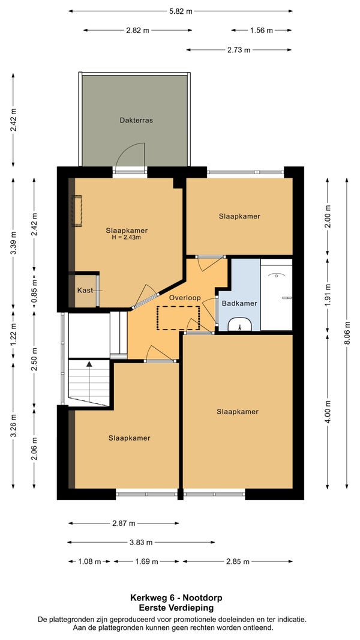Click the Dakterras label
pyautogui.click(x=136, y=121)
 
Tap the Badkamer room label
pyautogui.click(x=239, y=303)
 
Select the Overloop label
pyautogui.click(x=185, y=298)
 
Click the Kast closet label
pyautogui.click(x=85, y=290)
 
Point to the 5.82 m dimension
pyautogui.click(x=181, y=11)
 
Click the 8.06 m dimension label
pyautogui.click(x=347, y=333)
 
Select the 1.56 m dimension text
pyautogui.click(x=262, y=30)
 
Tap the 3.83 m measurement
pyautogui.click(x=140, y=543)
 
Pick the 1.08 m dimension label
pyautogui.click(x=89, y=561)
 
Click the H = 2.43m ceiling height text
pyautogui.click(x=127, y=237)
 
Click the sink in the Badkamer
pyautogui.click(x=240, y=324)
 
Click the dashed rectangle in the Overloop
pyautogui.click(x=178, y=318)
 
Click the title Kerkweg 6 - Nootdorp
pyautogui.click(x=176, y=598)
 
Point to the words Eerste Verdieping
pyautogui.click(x=176, y=608)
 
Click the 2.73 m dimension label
pyautogui.click(x=239, y=50)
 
